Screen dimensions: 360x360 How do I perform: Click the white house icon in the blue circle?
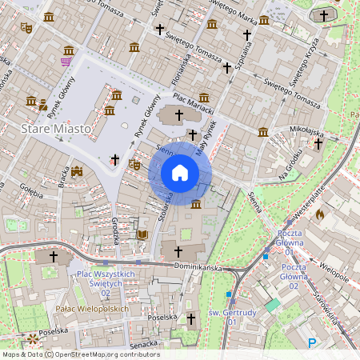point(180,173)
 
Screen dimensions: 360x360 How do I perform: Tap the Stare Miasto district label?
point(54,128)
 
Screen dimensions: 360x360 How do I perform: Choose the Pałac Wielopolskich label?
point(93,308)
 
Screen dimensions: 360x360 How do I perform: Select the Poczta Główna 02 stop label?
point(294,281)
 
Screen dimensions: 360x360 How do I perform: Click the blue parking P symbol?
point(313,343)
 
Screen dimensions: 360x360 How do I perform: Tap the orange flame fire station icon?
point(320,214)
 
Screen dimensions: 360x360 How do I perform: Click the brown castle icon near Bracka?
point(77,171)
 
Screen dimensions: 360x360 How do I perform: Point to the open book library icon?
point(142,234)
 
